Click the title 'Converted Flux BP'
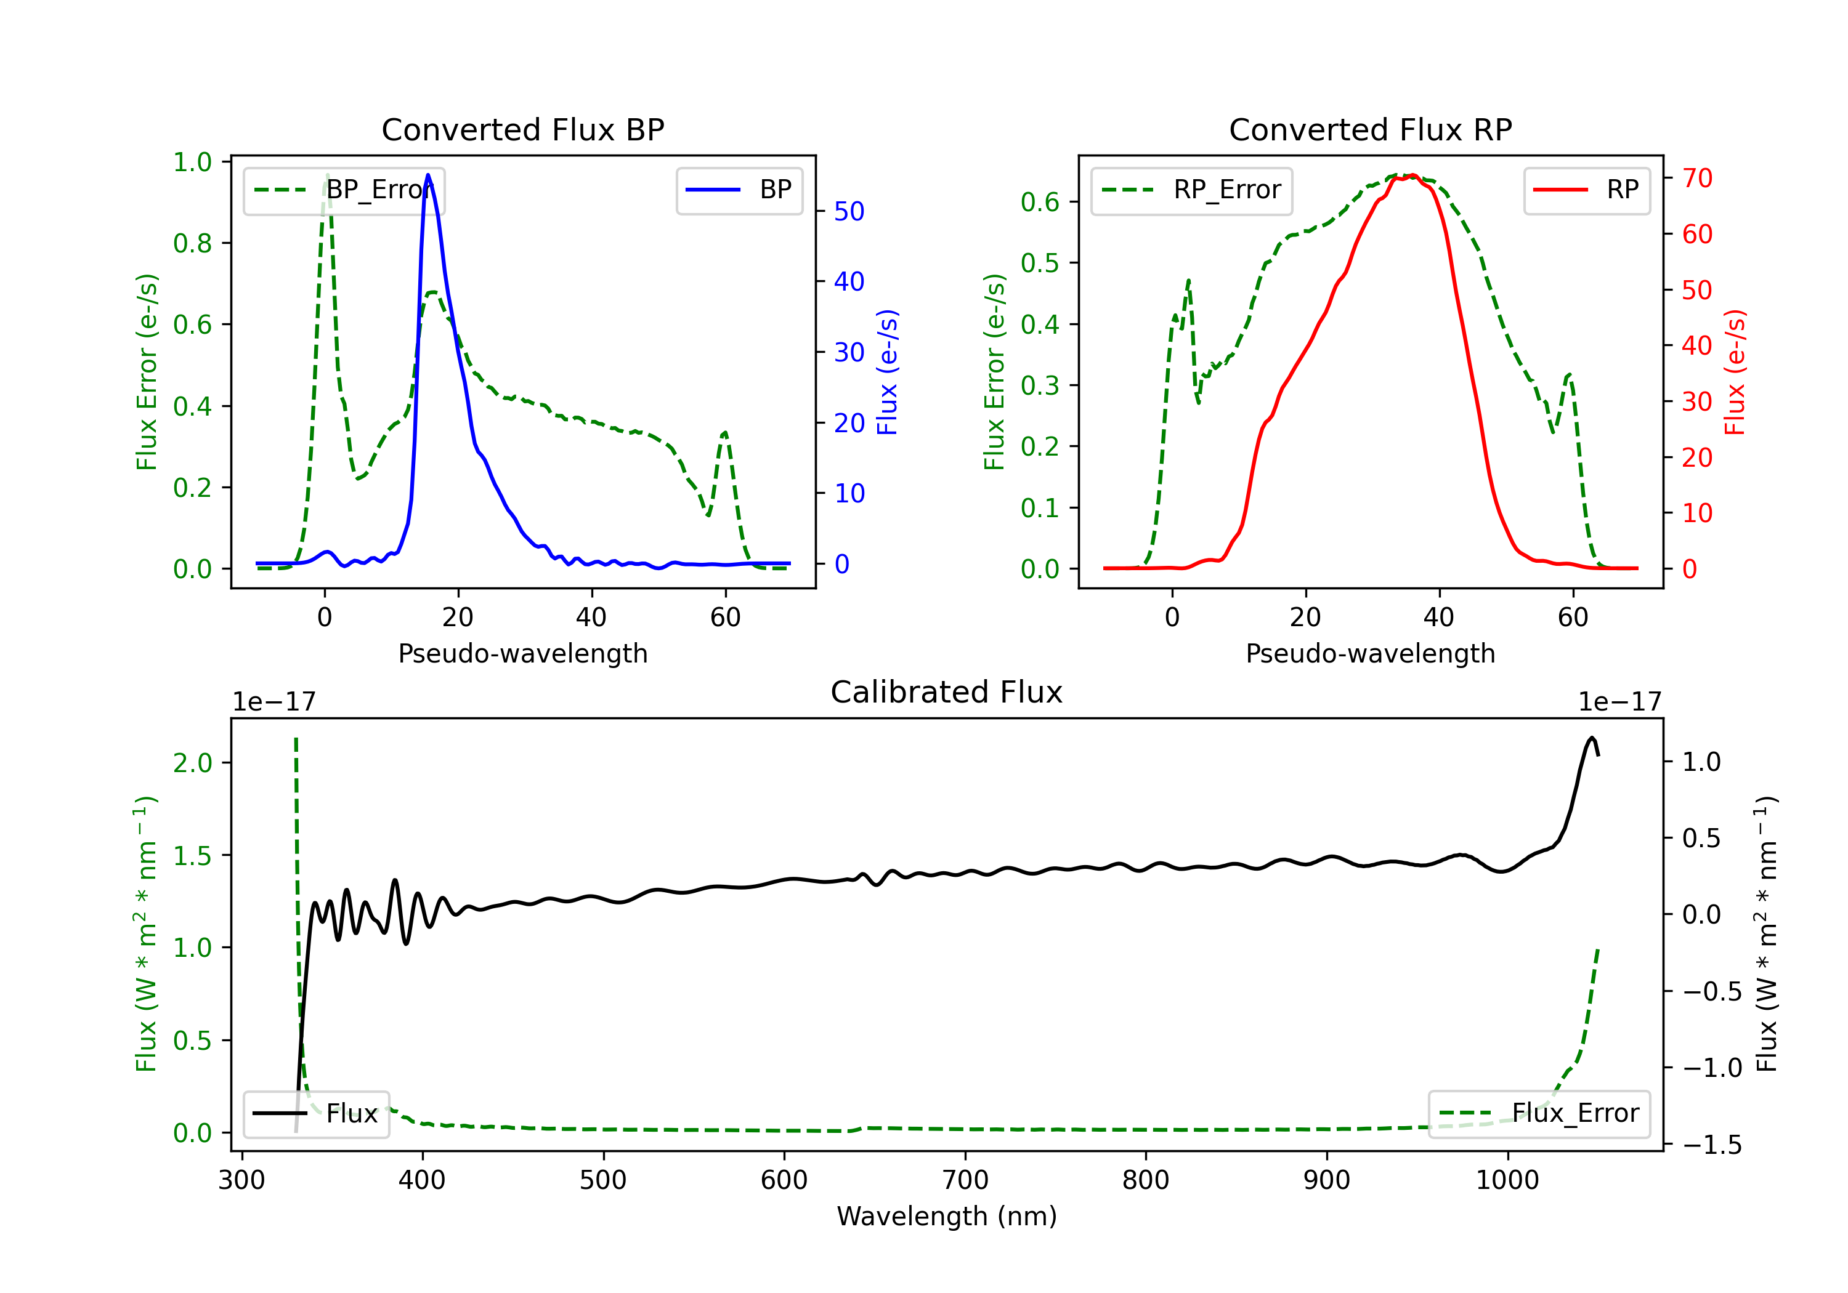522,129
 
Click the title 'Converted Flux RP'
1370,129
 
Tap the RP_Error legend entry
1191,190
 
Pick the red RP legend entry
1586,190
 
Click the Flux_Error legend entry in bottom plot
1539,1114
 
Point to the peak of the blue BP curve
428,175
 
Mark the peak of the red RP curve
1412,175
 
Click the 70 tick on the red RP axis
1696,178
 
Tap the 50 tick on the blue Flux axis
848,212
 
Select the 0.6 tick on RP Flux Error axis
1040,202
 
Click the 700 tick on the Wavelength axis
965,1180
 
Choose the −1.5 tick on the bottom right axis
1711,1144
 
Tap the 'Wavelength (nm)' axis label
947,1216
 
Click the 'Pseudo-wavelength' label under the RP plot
1370,653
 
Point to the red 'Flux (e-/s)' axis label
1735,372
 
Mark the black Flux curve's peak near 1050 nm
1591,738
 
